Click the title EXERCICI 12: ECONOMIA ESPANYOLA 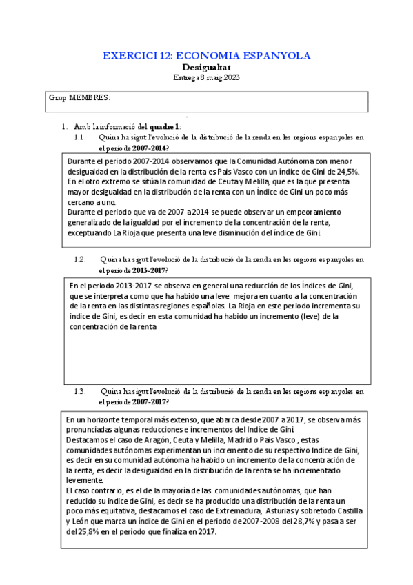click(x=206, y=56)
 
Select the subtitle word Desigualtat click(x=206, y=68)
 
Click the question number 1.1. click(x=80, y=137)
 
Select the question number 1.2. click(x=80, y=259)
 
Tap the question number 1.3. click(x=80, y=391)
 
